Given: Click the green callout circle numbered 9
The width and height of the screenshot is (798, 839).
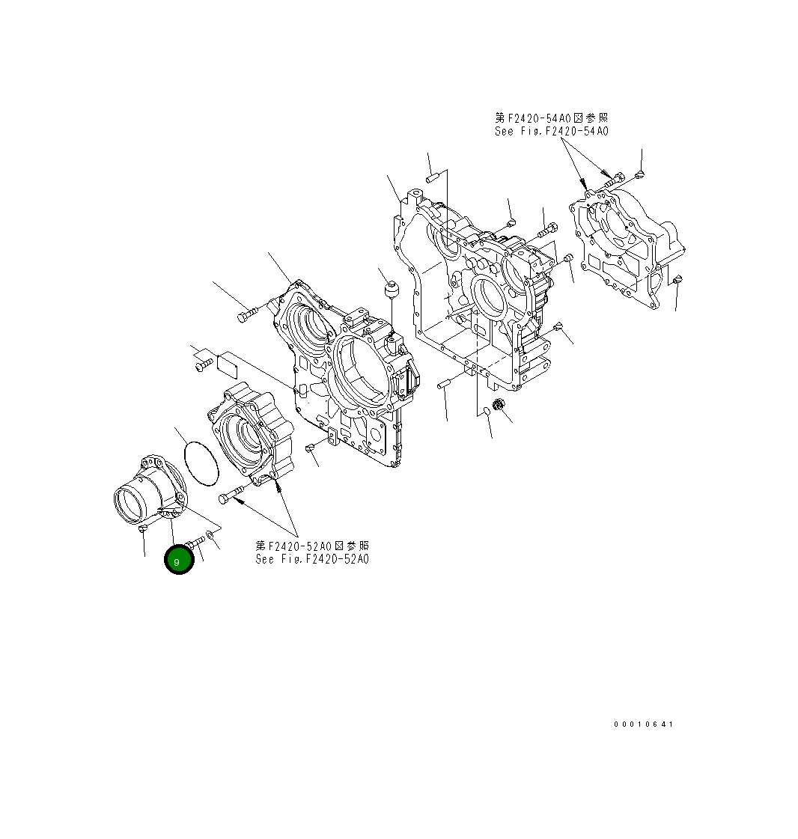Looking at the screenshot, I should click(x=179, y=561).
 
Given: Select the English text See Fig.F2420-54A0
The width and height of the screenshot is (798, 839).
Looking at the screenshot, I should click(x=551, y=131).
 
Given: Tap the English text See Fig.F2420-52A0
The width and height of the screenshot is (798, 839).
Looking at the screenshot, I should click(x=312, y=559).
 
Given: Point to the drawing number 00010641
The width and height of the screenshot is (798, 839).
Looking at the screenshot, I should click(x=643, y=724).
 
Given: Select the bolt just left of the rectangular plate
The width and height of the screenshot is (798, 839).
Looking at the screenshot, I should click(x=204, y=366).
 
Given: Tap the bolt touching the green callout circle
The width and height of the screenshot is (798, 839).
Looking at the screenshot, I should click(x=197, y=543).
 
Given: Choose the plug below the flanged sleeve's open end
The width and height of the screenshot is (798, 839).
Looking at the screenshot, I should click(x=142, y=529).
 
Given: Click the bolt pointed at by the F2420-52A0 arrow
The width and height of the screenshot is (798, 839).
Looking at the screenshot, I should click(x=232, y=495).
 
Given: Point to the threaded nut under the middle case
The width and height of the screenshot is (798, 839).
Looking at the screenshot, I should click(x=502, y=406).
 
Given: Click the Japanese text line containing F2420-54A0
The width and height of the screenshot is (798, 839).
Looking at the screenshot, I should click(x=551, y=118).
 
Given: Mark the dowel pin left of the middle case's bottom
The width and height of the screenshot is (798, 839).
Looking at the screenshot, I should click(x=442, y=385).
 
